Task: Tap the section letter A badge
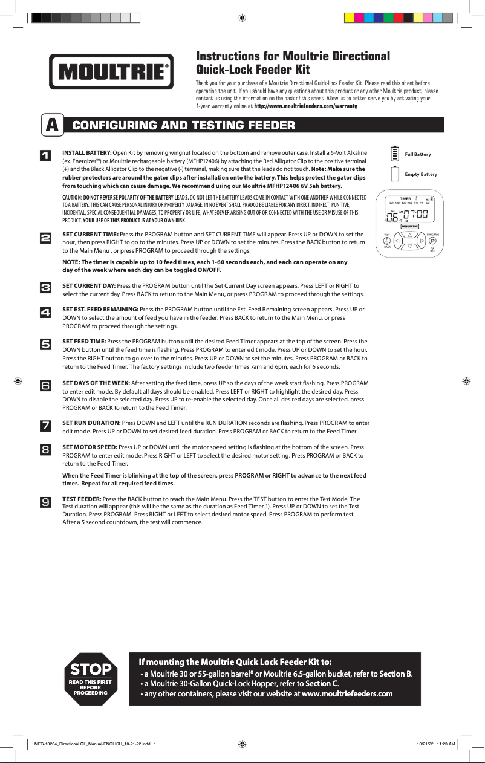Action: coord(53,125)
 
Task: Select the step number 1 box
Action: coord(45,156)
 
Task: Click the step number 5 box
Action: coord(45,344)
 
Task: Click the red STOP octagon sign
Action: coord(91,678)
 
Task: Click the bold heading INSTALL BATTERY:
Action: coord(87,153)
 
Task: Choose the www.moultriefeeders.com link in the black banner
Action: coord(347,693)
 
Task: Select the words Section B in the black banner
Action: coord(395,674)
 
